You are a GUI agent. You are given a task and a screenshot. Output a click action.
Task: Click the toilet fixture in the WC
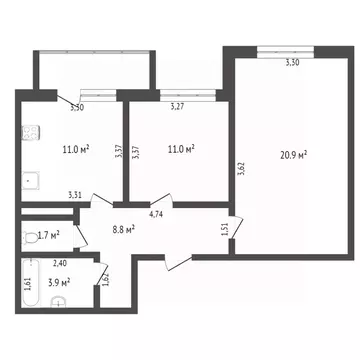click(28, 237)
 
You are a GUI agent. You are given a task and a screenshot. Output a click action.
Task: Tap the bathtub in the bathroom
click(27, 289)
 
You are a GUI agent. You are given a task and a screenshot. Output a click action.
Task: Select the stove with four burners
click(29, 132)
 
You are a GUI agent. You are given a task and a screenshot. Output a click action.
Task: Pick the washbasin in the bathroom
click(59, 299)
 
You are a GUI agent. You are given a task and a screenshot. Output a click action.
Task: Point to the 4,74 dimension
click(157, 213)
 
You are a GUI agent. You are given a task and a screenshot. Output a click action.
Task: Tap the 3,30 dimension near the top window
click(292, 63)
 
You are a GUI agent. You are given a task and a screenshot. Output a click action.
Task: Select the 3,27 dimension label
click(177, 105)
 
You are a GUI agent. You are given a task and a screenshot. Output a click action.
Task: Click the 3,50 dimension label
click(77, 105)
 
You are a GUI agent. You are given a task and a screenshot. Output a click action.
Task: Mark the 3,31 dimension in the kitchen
click(75, 195)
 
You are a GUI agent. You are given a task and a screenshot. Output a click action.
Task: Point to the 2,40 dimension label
click(59, 264)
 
